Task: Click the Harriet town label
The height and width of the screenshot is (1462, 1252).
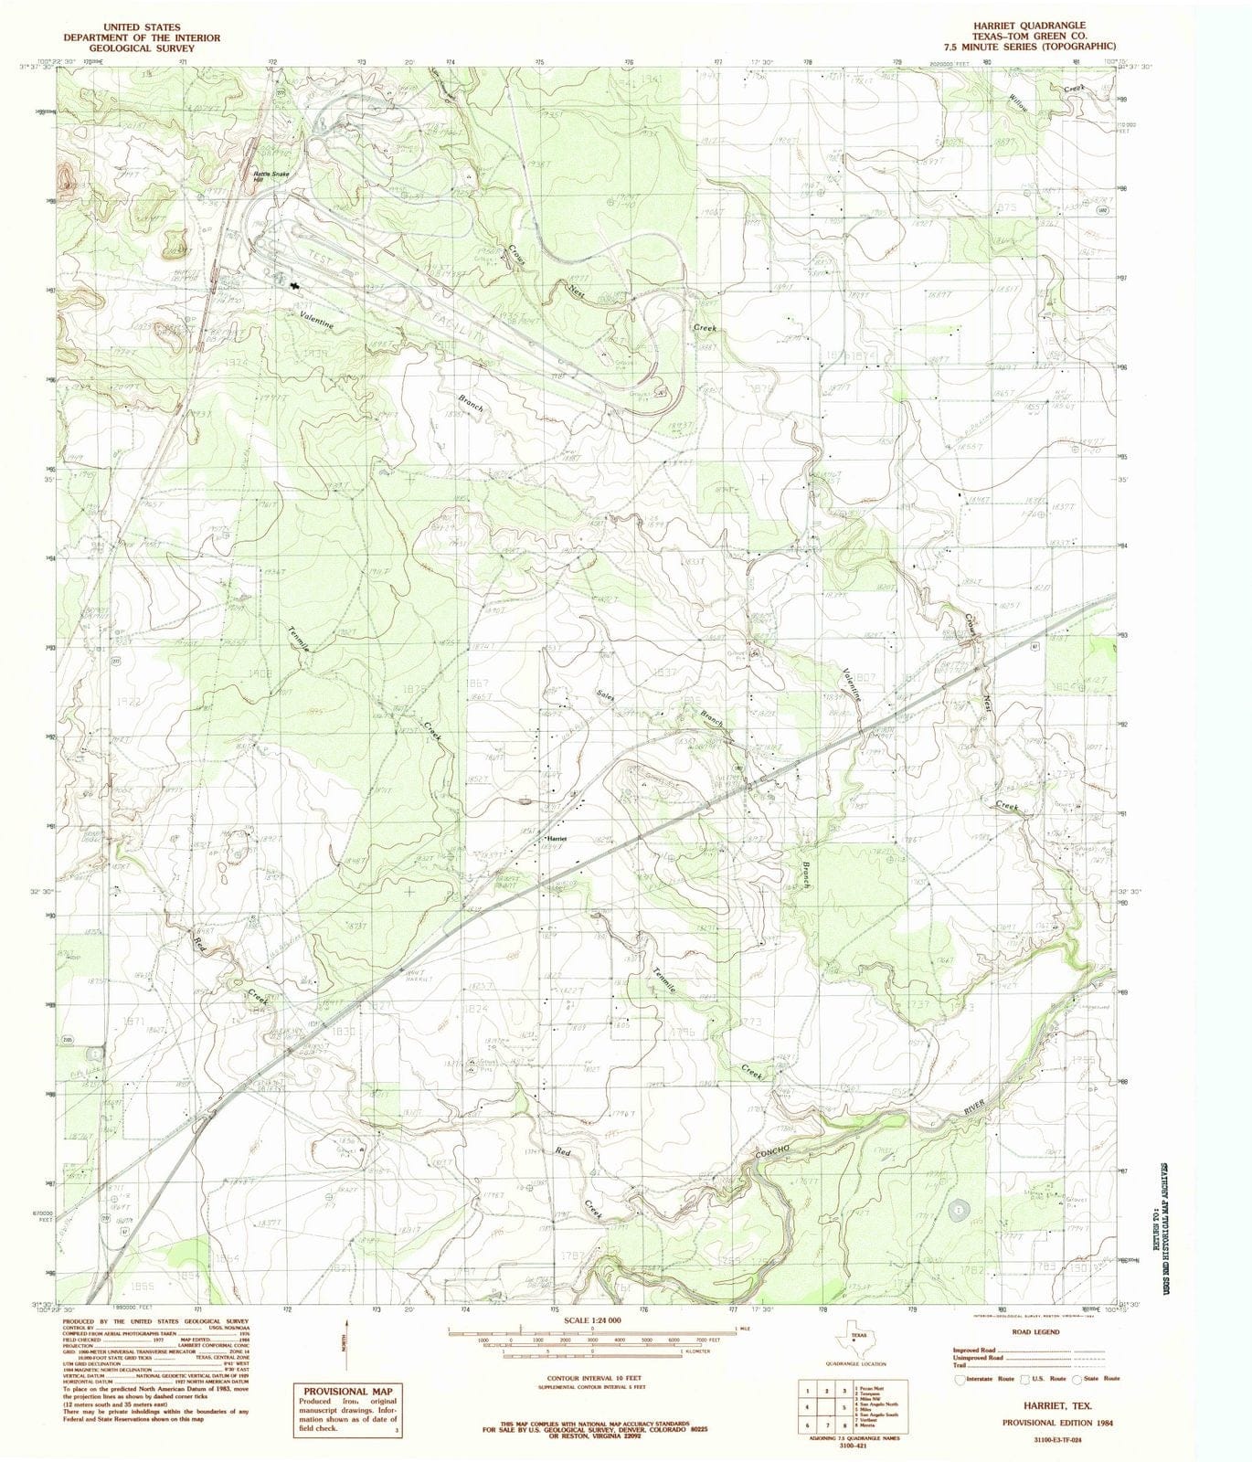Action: (x=557, y=838)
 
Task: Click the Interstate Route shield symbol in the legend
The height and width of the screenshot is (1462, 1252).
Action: (x=959, y=1379)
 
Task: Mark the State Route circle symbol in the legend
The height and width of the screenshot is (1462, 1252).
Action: (x=1078, y=1379)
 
